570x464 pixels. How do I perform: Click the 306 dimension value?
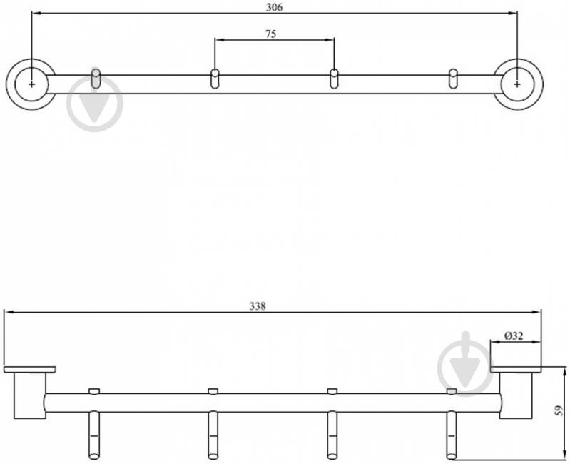tap(274, 7)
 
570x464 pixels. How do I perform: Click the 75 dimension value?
tap(270, 34)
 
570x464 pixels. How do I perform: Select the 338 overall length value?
tap(258, 306)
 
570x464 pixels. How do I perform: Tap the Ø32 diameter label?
tap(514, 336)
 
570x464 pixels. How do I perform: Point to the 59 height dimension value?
tap(560, 411)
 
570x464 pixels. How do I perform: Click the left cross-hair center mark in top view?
tap(31, 84)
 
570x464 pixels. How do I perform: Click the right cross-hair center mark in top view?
tap(517, 84)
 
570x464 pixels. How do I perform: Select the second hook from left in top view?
tap(215, 79)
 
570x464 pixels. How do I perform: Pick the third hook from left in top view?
tap(334, 79)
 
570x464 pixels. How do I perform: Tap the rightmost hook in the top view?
tap(453, 79)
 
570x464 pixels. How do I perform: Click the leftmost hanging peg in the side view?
tap(94, 435)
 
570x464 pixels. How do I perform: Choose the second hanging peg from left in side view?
tap(213, 435)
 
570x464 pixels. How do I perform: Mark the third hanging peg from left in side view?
tap(332, 435)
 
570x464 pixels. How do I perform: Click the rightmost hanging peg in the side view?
tap(451, 435)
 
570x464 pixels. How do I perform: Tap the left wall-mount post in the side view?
tap(30, 395)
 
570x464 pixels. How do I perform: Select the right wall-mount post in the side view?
tap(516, 395)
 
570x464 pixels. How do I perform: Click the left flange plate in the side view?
tap(29, 370)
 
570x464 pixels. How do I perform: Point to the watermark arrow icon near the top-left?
tap(95, 104)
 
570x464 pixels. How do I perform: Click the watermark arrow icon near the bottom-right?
tap(465, 364)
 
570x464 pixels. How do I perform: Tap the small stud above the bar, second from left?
tap(213, 391)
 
